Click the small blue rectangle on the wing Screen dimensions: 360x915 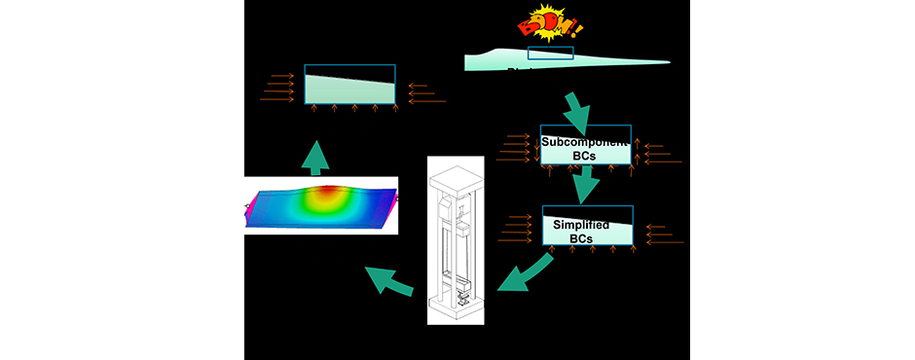pyautogui.click(x=550, y=54)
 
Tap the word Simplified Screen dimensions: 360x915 pyautogui.click(x=582, y=224)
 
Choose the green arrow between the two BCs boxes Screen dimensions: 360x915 pyautogui.click(x=586, y=185)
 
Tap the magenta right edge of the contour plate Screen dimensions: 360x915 pyautogui.click(x=393, y=198)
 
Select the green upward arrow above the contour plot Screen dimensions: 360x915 pyautogui.click(x=315, y=155)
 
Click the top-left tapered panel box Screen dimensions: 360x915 pyautogui.click(x=349, y=84)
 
